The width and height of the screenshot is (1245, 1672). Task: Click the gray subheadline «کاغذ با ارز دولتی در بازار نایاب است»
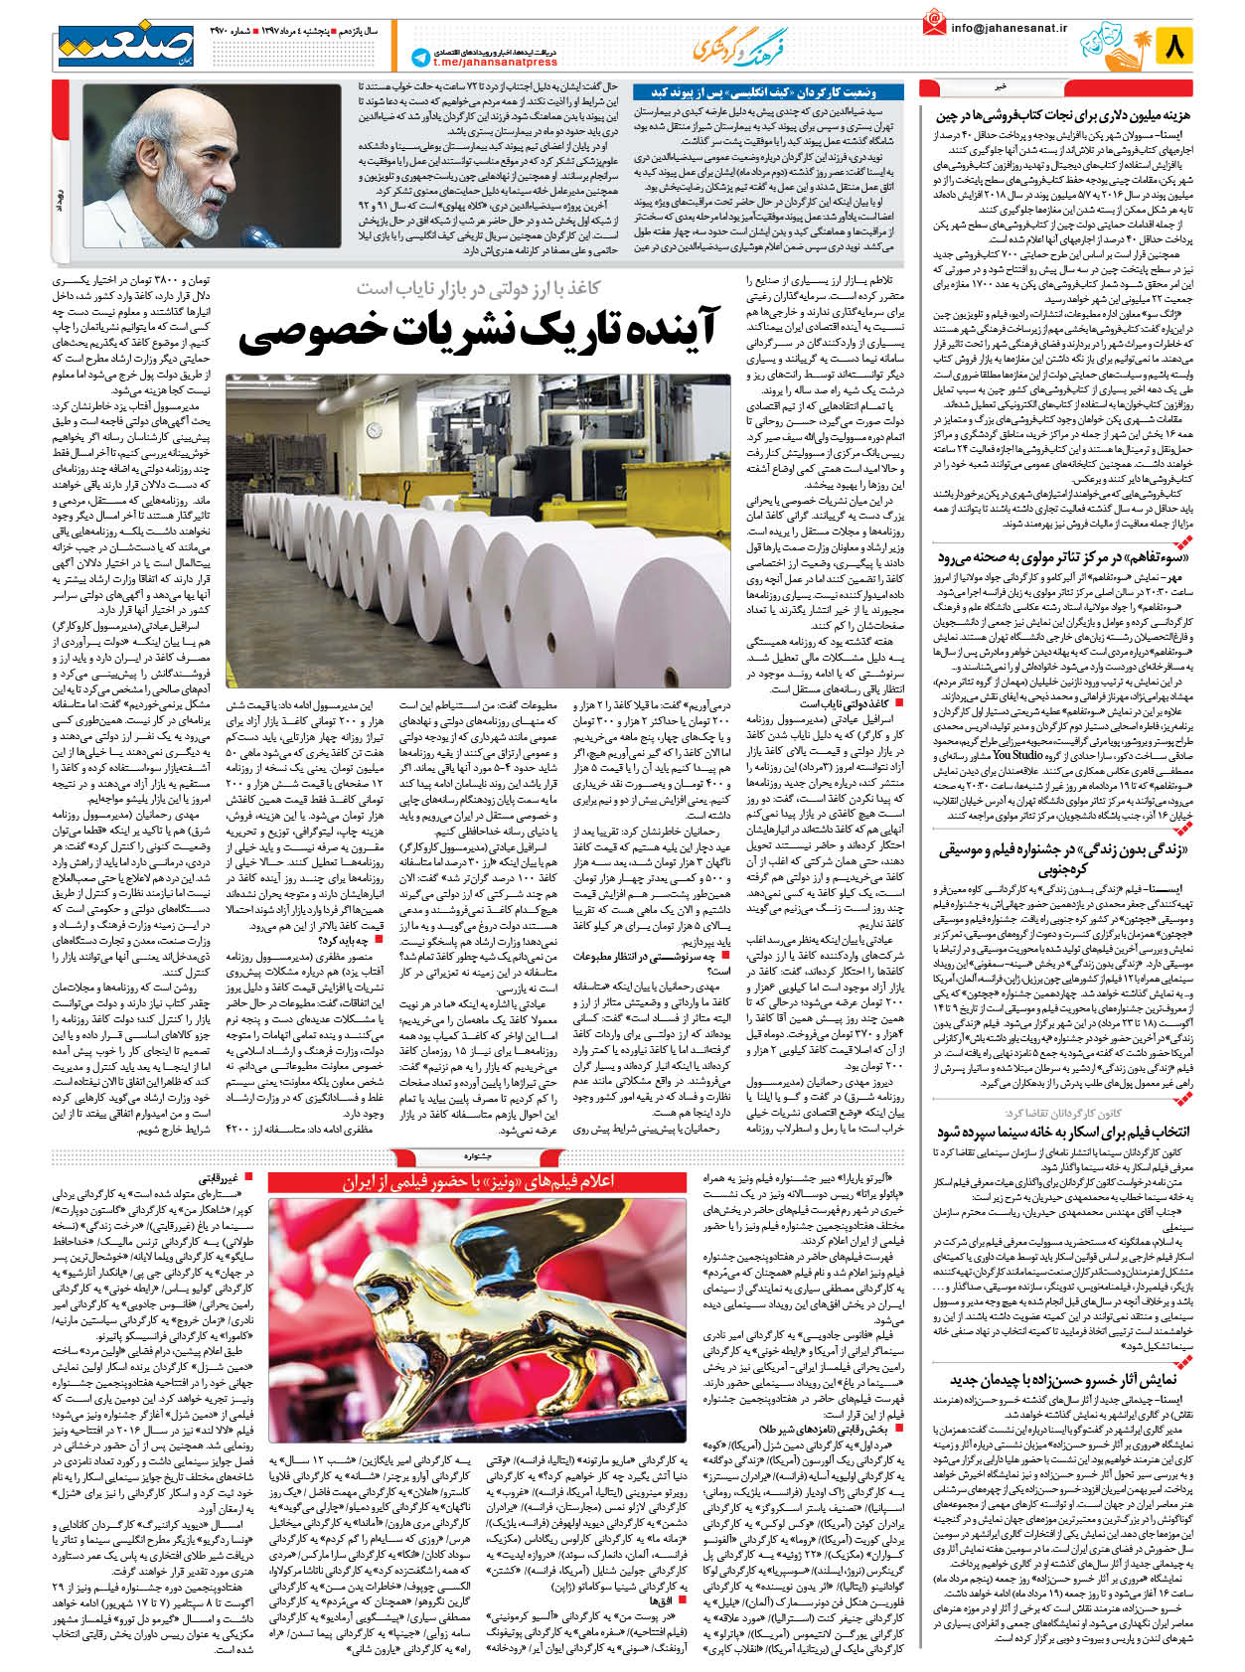[479, 289]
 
